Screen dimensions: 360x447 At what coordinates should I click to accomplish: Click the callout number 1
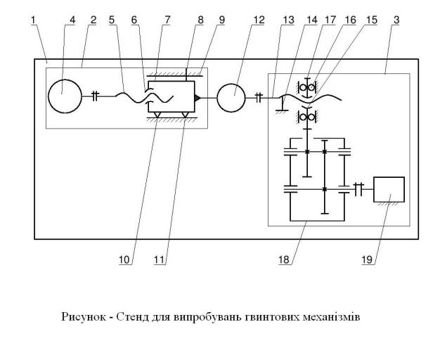click(x=33, y=20)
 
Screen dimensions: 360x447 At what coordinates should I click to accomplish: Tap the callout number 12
click(x=259, y=20)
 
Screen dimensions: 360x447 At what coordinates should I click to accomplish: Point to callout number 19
click(x=367, y=259)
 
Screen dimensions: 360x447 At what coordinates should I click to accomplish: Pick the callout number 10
click(x=125, y=259)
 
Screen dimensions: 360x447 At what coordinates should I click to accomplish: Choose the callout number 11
click(x=160, y=259)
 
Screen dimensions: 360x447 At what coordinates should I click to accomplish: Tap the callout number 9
click(x=222, y=20)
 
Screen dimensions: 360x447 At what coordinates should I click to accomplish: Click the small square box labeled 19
click(x=389, y=190)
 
